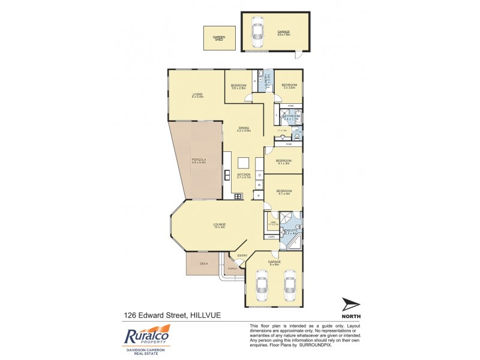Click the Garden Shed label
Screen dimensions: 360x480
[219, 39]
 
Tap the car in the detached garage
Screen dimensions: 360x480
[257, 32]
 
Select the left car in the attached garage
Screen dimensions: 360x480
[262, 286]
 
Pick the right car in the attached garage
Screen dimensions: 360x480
[289, 286]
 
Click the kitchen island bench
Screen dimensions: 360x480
[244, 164]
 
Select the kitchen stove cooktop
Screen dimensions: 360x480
[238, 196]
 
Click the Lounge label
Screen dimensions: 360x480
[218, 226]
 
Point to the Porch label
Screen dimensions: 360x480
[232, 268]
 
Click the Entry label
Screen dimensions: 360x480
[242, 256]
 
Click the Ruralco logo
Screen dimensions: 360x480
[148, 336]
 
